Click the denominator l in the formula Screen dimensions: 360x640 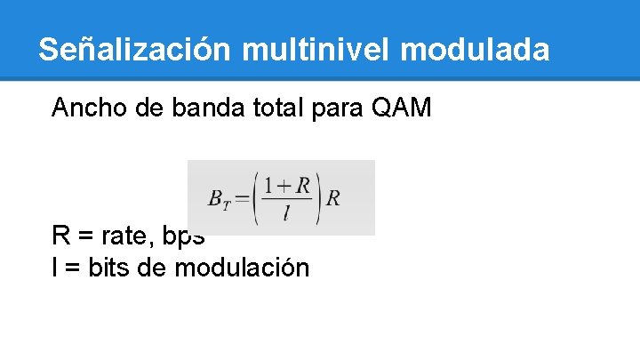pos(286,213)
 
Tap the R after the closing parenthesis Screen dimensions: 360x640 pos(332,198)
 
